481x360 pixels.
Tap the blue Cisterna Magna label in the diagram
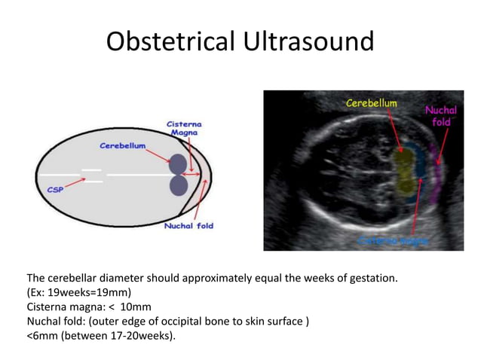pyautogui.click(x=184, y=127)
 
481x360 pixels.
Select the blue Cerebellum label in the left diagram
pyautogui.click(x=123, y=145)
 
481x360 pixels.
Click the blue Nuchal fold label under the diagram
pyautogui.click(x=188, y=226)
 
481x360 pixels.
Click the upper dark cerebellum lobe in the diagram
pyautogui.click(x=178, y=164)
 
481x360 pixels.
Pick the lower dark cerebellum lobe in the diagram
pyautogui.click(x=178, y=185)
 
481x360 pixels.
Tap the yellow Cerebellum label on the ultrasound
pyautogui.click(x=371, y=102)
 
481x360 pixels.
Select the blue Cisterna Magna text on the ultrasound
pyautogui.click(x=393, y=240)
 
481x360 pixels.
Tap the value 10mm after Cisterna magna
pyautogui.click(x=136, y=307)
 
